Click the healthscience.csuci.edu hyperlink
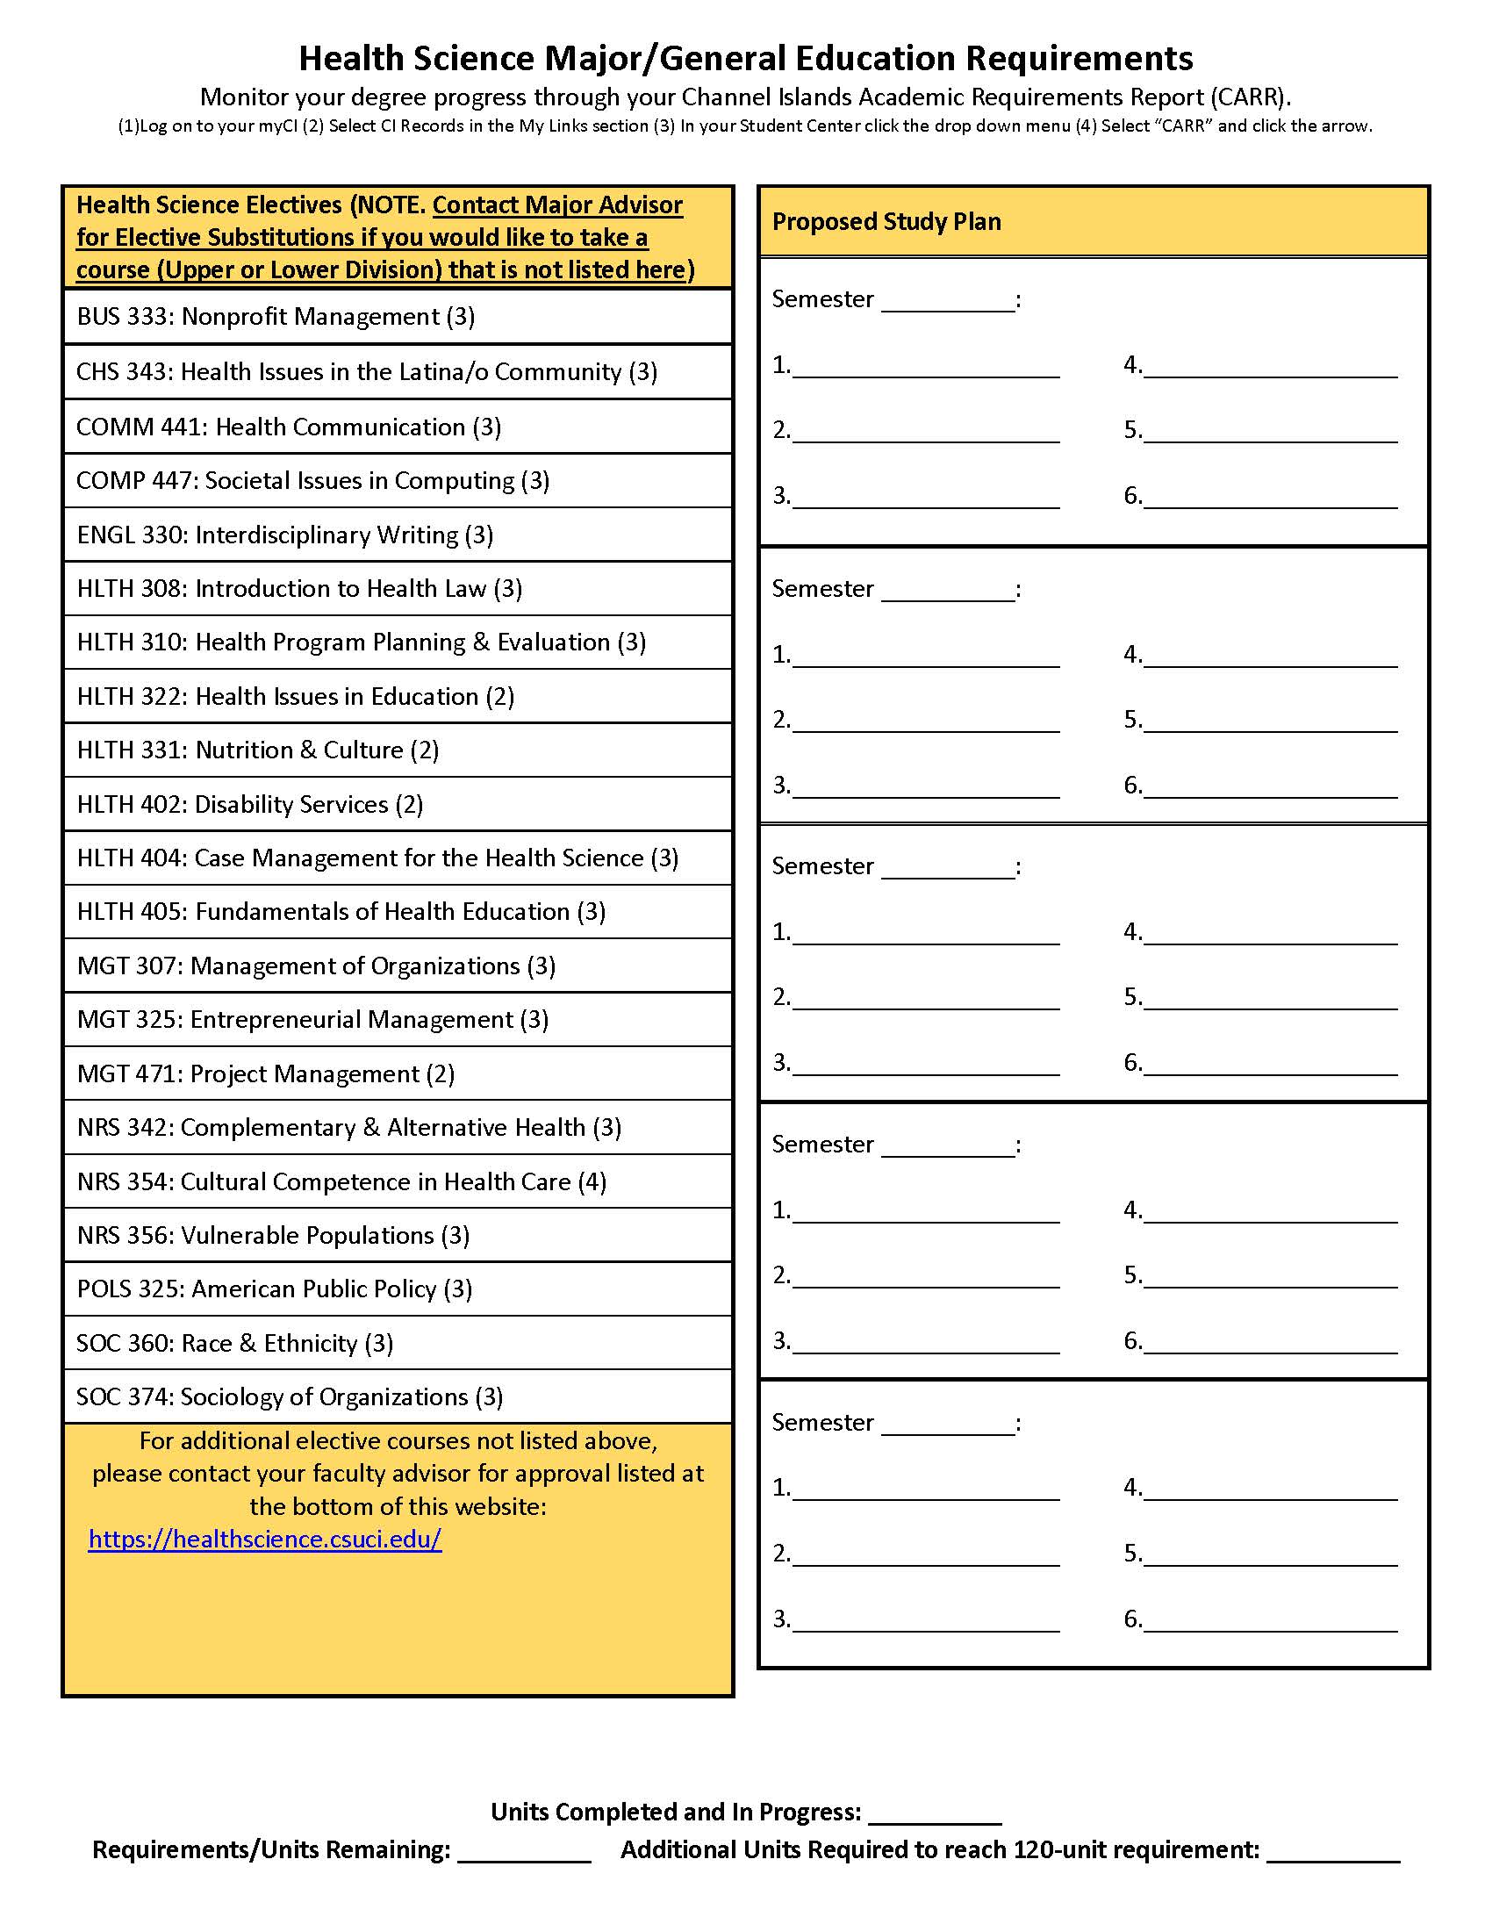pyautogui.click(x=264, y=1540)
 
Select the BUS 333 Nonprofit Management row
pyautogui.click(x=276, y=317)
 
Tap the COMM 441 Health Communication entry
pyautogui.click(x=288, y=427)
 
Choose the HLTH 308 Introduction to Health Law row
pyautogui.click(x=298, y=589)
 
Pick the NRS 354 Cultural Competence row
pyautogui.click(x=341, y=1182)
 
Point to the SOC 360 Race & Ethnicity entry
pyautogui.click(x=234, y=1344)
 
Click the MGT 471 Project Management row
pyautogui.click(x=265, y=1074)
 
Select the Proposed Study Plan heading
pyautogui.click(x=886, y=222)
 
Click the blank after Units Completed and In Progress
pyautogui.click(x=935, y=1813)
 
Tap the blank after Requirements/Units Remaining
pyautogui.click(x=523, y=1850)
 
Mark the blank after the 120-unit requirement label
pyautogui.click(x=1333, y=1850)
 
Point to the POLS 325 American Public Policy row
pyautogui.click(x=274, y=1289)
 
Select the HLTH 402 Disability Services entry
pyautogui.click(x=249, y=805)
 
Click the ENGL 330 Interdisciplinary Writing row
pyautogui.click(x=284, y=535)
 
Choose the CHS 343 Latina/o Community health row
pyautogui.click(x=366, y=372)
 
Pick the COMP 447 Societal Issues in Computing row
pyautogui.click(x=313, y=481)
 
